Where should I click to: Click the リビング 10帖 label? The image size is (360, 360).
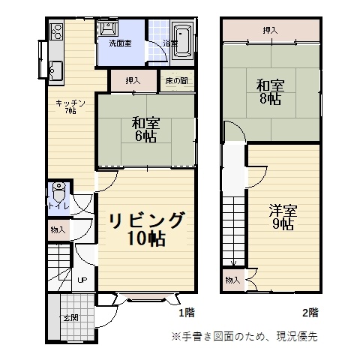146,229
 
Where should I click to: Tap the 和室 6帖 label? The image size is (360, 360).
146,130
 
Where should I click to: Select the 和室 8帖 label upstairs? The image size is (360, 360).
270,91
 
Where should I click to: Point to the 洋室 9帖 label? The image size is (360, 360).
283,217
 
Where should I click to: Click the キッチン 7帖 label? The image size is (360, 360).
70,106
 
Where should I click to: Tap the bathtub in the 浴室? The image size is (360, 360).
182,42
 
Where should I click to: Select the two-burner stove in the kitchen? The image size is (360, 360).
56,31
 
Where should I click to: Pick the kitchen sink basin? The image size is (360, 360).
55,70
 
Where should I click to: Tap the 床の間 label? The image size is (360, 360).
177,81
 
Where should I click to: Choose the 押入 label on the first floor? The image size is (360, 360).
133,81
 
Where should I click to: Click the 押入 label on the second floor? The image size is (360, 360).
270,31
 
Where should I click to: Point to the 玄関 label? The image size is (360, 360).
71,318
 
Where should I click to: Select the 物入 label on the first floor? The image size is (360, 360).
58,229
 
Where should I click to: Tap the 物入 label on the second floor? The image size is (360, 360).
232,280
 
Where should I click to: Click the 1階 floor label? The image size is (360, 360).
187,313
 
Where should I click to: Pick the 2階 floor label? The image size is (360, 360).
310,313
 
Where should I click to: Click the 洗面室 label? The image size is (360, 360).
120,43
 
